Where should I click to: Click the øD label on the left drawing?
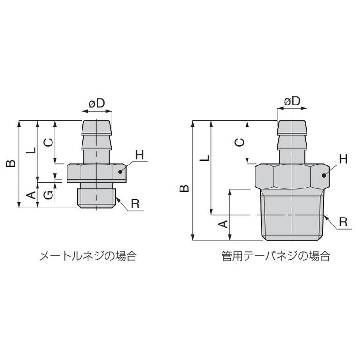point(97,104)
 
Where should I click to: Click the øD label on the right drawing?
point(292,101)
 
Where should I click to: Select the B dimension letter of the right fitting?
point(185,187)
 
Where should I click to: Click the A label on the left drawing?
point(30,195)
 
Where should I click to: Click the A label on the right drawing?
point(224,224)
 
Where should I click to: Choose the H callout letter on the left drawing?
point(140,155)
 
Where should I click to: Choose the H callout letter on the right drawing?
point(344,159)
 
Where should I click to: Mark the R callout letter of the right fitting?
point(344,221)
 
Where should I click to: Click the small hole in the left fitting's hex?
point(120,172)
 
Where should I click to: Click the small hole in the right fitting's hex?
point(324,176)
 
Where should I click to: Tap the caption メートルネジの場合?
point(88,256)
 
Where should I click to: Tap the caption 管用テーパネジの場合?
point(276,256)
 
